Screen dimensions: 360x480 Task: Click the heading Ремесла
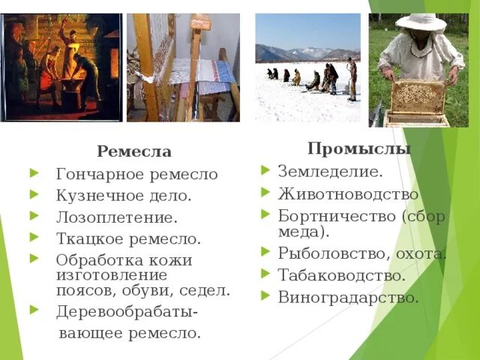click(133, 151)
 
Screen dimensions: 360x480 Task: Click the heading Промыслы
click(359, 148)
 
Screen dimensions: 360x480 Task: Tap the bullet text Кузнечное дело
click(123, 196)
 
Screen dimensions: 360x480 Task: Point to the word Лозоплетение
click(116, 217)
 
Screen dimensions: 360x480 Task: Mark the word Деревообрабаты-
click(127, 311)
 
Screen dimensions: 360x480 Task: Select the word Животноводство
click(348, 194)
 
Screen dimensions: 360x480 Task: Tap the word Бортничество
click(337, 216)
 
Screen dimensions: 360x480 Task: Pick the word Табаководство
click(341, 275)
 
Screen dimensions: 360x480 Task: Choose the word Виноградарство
click(348, 297)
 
